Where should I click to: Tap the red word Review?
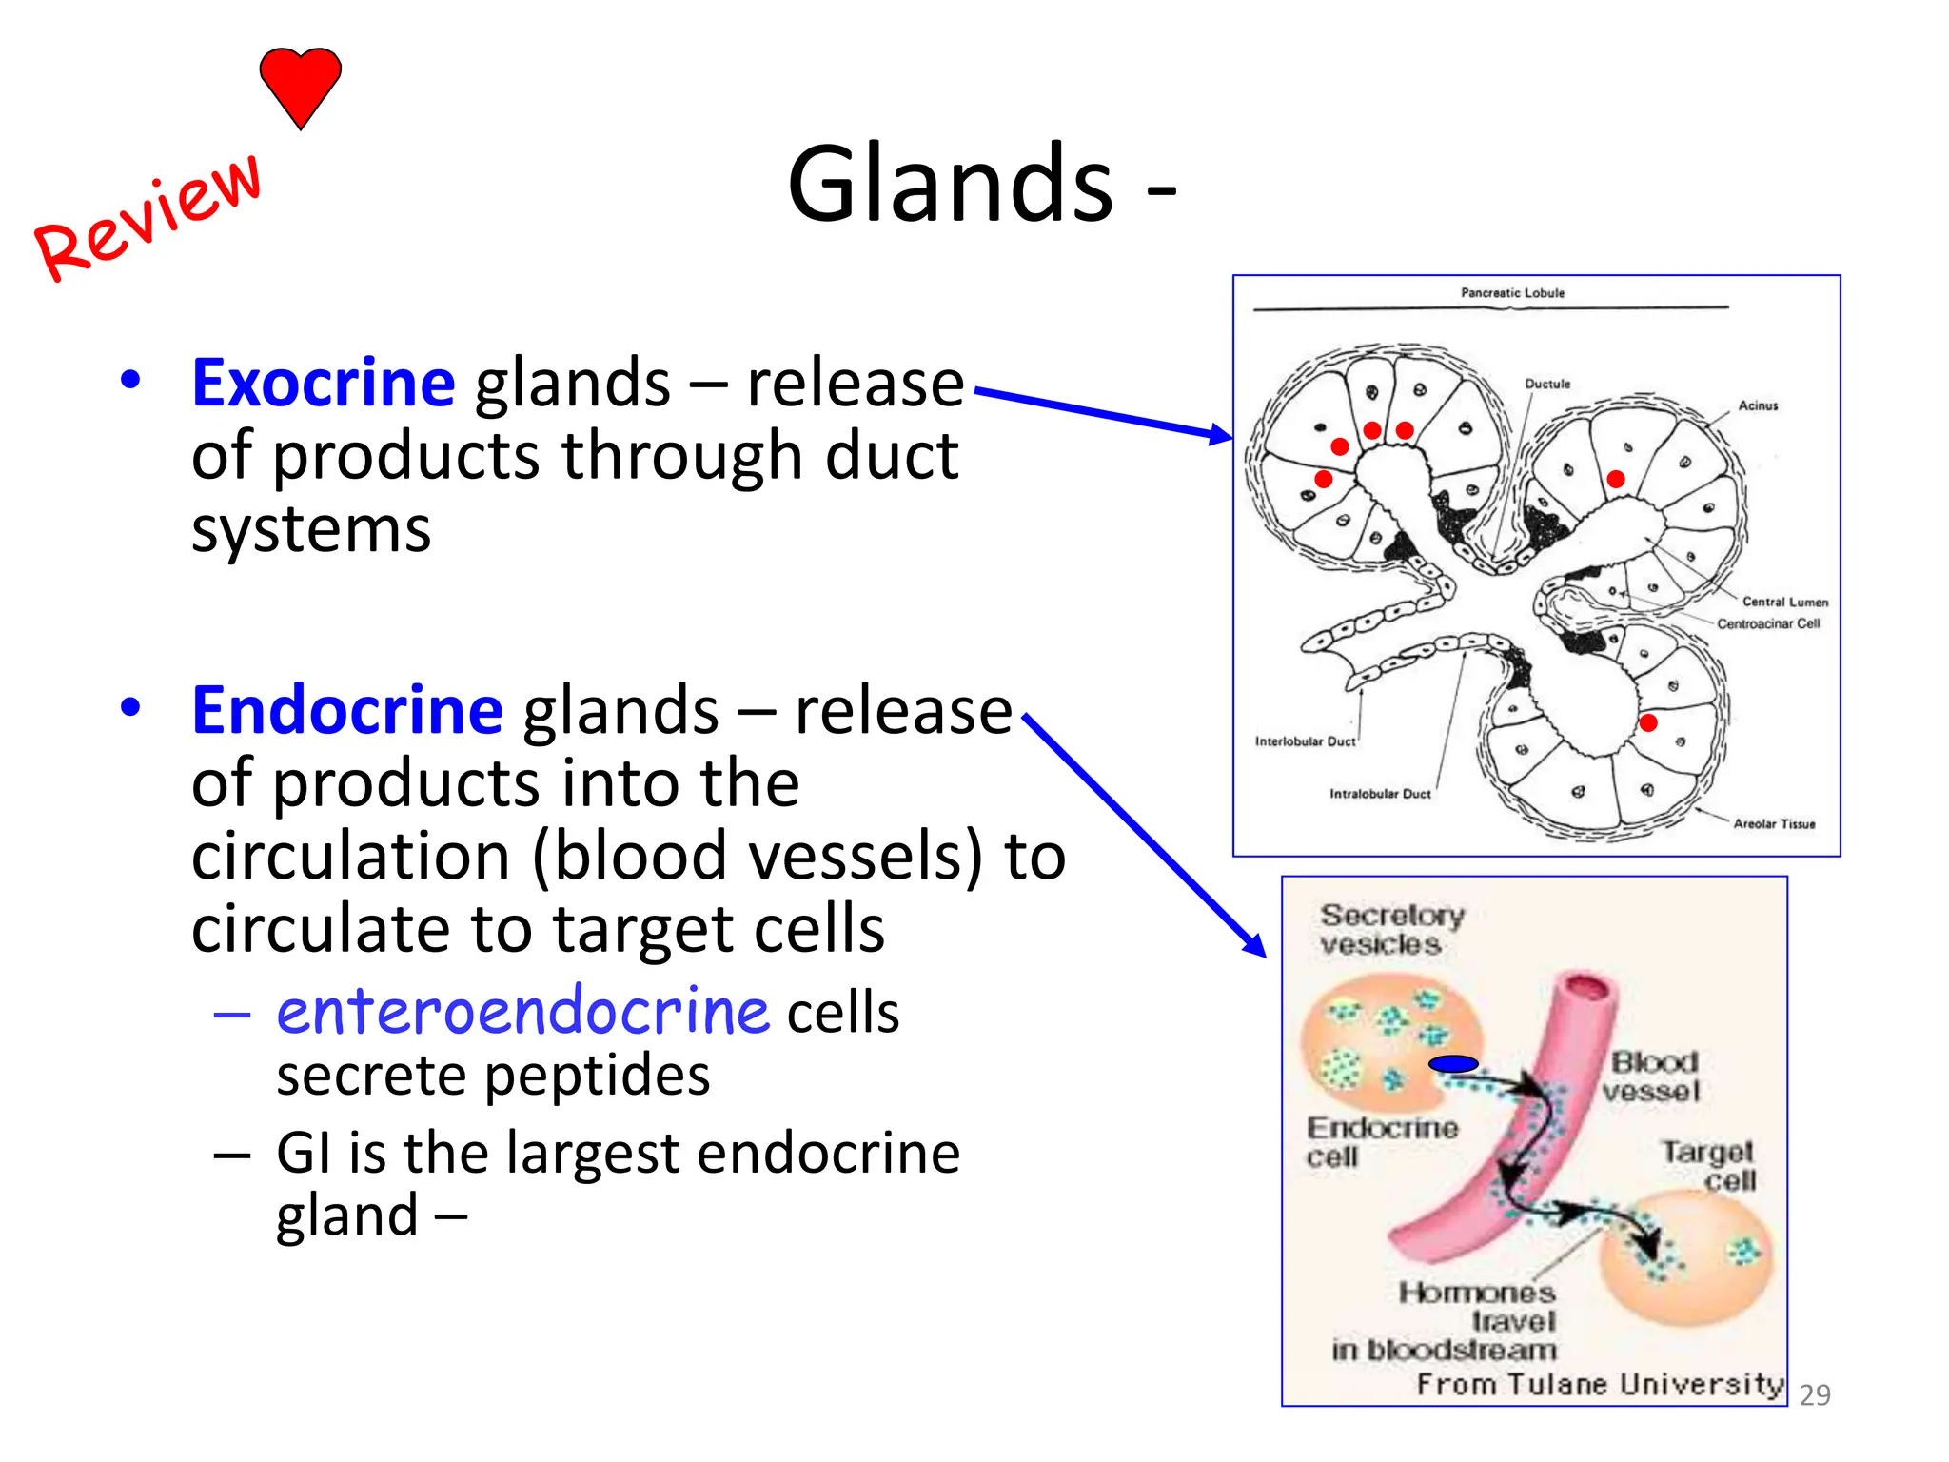pyautogui.click(x=148, y=217)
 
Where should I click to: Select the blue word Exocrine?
pyautogui.click(x=324, y=383)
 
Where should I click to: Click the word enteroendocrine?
pyautogui.click(x=522, y=1011)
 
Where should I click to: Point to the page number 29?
pyautogui.click(x=1815, y=1394)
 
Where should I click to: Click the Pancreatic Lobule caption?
pyautogui.click(x=1512, y=293)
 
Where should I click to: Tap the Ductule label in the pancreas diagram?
pyautogui.click(x=1547, y=384)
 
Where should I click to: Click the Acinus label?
pyautogui.click(x=1758, y=405)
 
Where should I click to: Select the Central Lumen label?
pyautogui.click(x=1784, y=602)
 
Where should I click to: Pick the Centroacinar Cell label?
pyautogui.click(x=1767, y=623)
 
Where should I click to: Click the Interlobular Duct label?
pyautogui.click(x=1305, y=741)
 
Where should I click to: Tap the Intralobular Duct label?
pyautogui.click(x=1380, y=794)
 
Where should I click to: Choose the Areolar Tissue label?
pyautogui.click(x=1774, y=824)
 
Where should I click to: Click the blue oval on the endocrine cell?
pyautogui.click(x=1453, y=1064)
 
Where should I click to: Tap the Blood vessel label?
pyautogui.click(x=1652, y=1077)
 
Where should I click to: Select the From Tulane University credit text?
pyautogui.click(x=1599, y=1384)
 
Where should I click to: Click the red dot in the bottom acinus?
pyautogui.click(x=1648, y=723)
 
